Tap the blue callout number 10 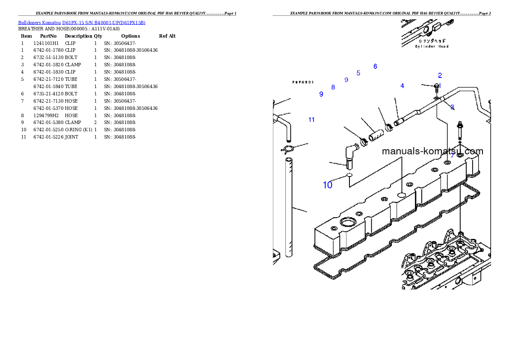coord(327,185)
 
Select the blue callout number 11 coord(311,120)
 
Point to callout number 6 coord(375,66)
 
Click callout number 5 coord(358,73)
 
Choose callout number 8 coord(333,87)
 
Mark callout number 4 coord(402,86)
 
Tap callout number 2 coord(440,75)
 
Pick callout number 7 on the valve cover coord(452,156)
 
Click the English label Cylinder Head coord(432,46)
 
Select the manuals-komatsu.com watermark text coord(432,151)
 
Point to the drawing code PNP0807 coord(303,82)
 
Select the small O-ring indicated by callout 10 coord(349,175)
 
